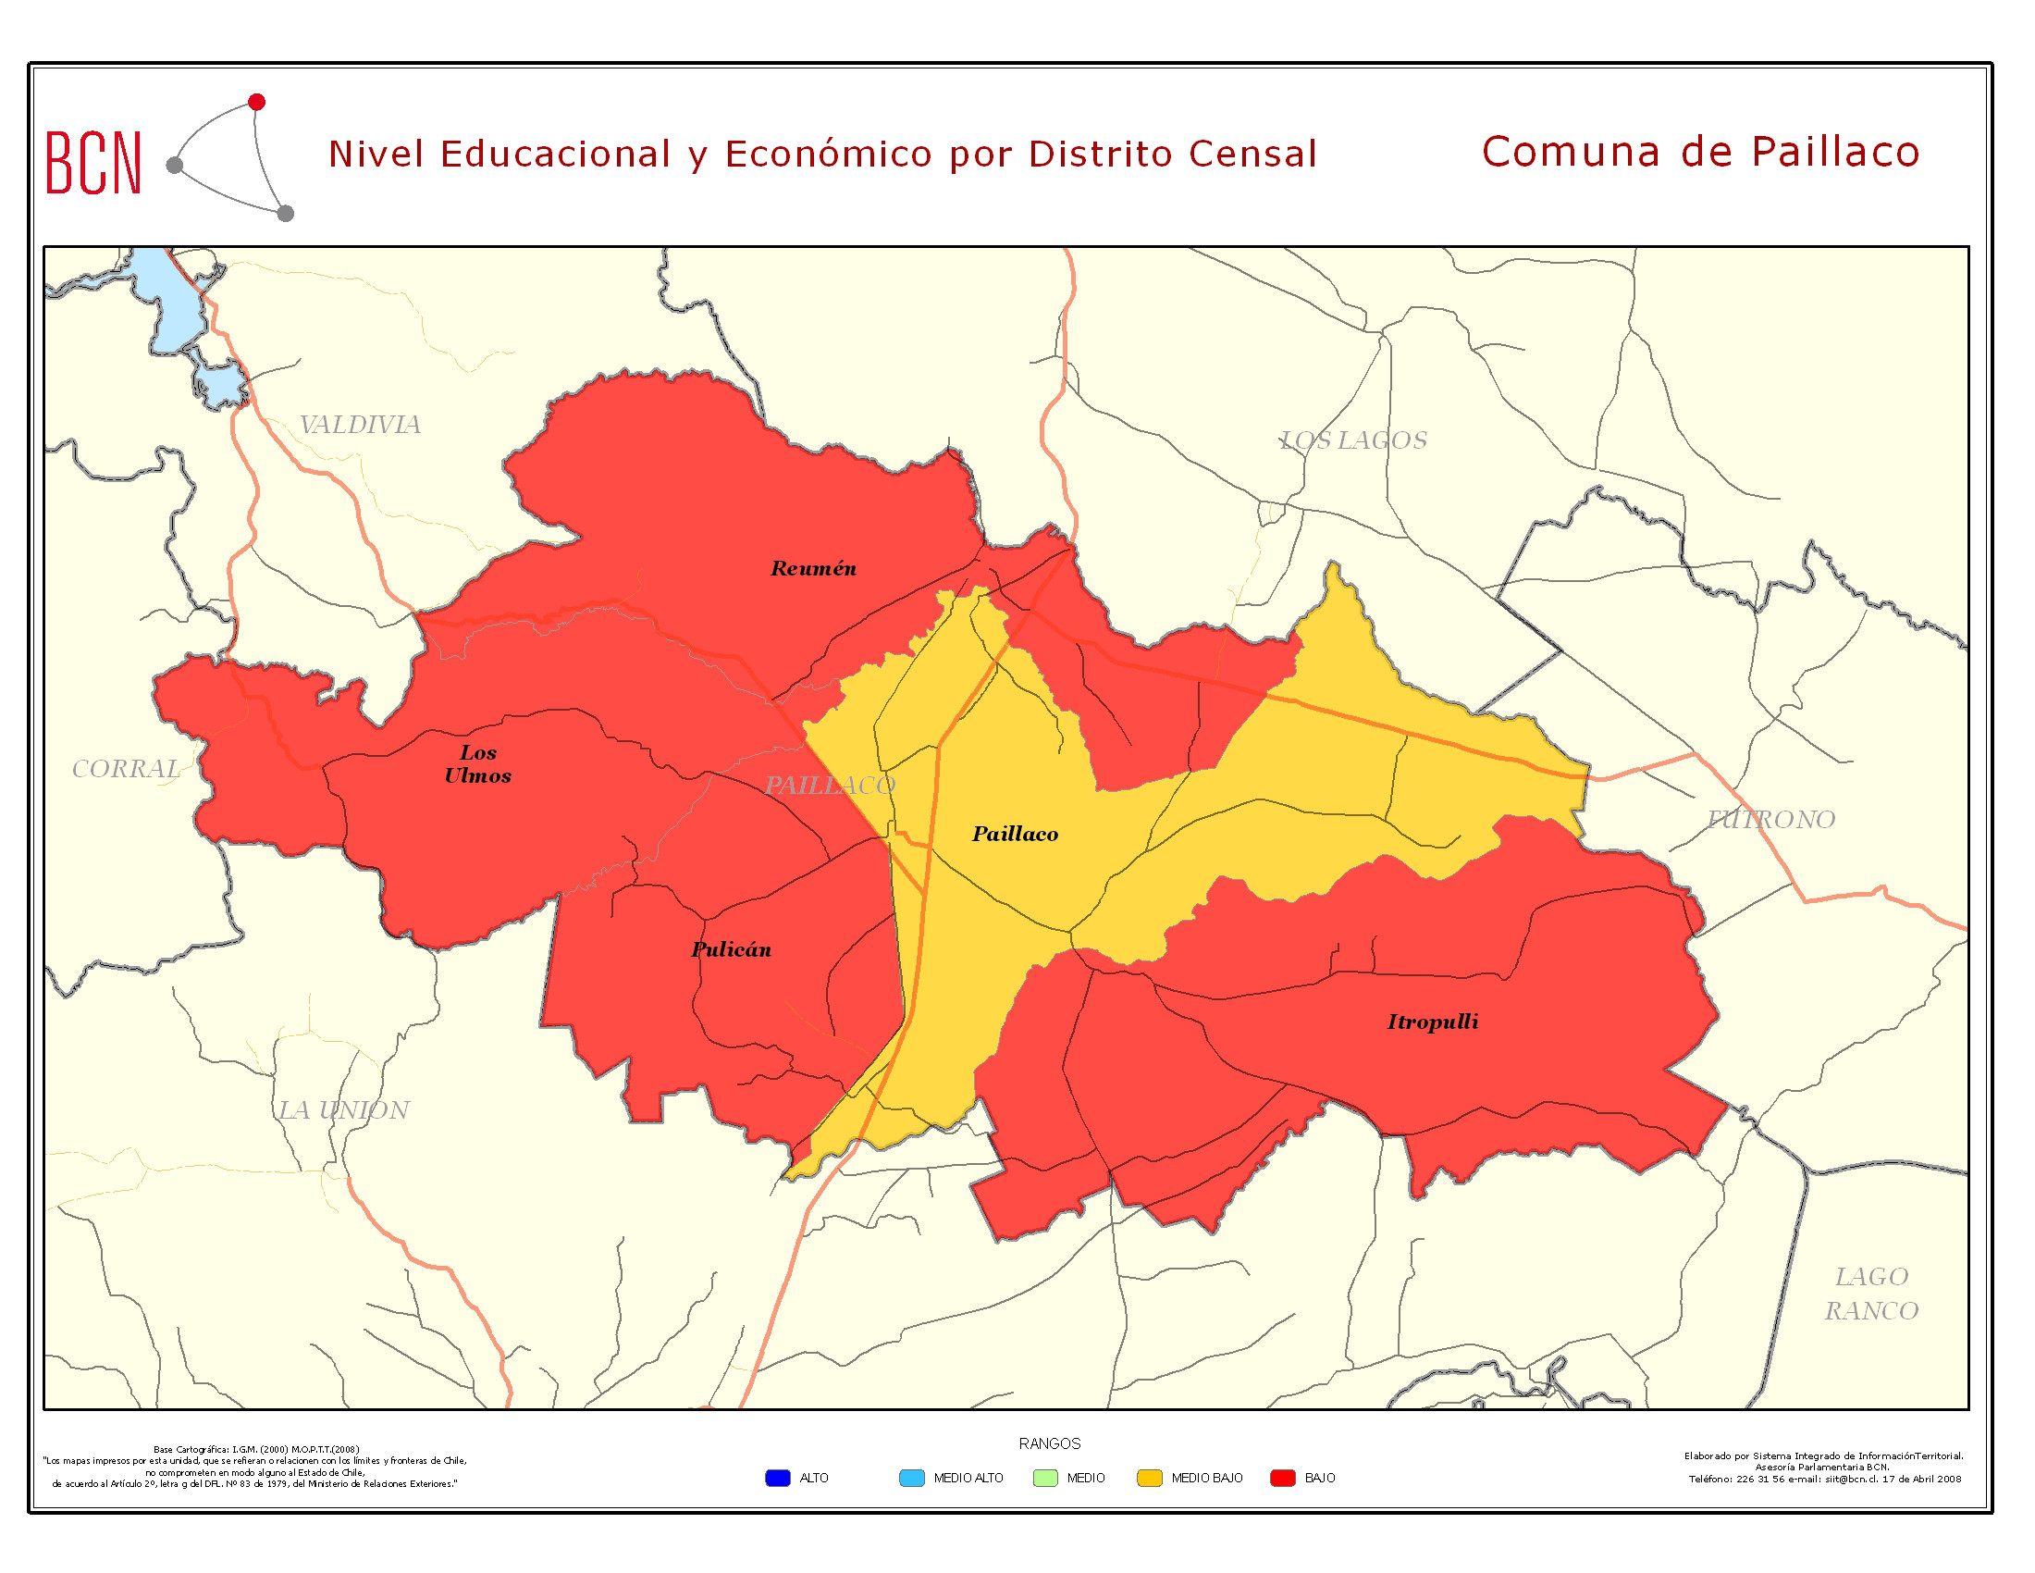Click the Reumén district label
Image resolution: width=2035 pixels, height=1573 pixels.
(812, 568)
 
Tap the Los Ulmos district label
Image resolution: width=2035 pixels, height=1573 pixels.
(477, 763)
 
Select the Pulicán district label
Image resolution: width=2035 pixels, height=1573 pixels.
(731, 949)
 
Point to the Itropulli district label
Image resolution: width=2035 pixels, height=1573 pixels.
(1432, 1022)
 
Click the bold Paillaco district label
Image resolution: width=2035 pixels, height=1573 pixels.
(1015, 834)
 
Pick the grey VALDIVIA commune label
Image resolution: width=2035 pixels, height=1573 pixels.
(360, 425)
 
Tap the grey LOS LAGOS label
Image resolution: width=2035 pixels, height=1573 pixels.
(1353, 440)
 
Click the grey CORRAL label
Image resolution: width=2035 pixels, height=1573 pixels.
(126, 769)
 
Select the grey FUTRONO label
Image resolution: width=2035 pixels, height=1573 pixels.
(1770, 819)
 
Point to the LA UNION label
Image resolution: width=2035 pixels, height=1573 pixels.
(344, 1109)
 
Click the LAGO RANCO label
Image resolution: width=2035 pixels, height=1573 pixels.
(1871, 1294)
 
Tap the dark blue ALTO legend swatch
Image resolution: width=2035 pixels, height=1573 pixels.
(777, 1478)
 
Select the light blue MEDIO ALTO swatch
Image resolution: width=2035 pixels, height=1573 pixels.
(911, 1478)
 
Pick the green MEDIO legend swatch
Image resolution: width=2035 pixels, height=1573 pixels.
(1045, 1478)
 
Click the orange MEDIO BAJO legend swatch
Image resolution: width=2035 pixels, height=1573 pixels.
(1150, 1478)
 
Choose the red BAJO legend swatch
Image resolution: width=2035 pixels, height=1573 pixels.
(1283, 1478)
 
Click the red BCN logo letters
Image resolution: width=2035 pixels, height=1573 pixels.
(93, 163)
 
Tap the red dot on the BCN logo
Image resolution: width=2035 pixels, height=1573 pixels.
(257, 102)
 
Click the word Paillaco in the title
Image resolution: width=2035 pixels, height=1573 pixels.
(1834, 152)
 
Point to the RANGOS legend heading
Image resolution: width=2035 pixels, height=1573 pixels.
(1049, 1443)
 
